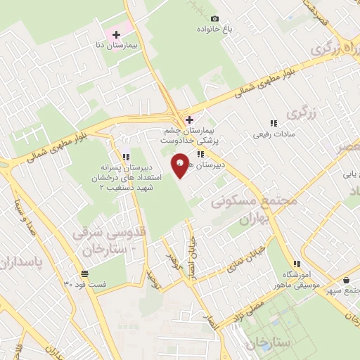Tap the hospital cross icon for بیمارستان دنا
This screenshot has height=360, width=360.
pyautogui.click(x=117, y=34)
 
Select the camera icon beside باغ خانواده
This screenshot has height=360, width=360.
pyautogui.click(x=214, y=18)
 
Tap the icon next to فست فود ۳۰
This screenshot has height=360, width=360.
pyautogui.click(x=84, y=273)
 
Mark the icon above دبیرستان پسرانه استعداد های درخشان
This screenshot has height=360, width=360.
pyautogui.click(x=125, y=156)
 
